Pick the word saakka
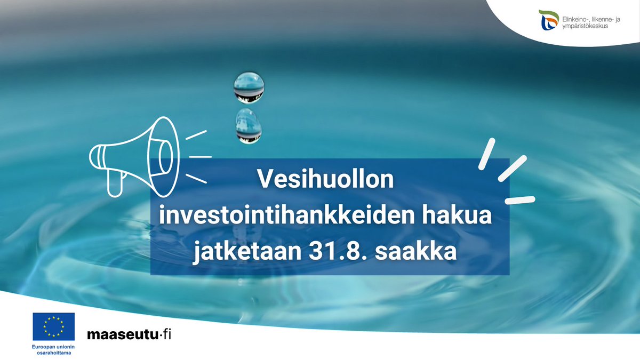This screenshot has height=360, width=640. (417, 252)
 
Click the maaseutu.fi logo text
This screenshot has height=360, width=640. (130, 335)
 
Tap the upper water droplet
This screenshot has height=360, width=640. (249, 87)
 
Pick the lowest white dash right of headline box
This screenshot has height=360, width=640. (519, 200)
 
